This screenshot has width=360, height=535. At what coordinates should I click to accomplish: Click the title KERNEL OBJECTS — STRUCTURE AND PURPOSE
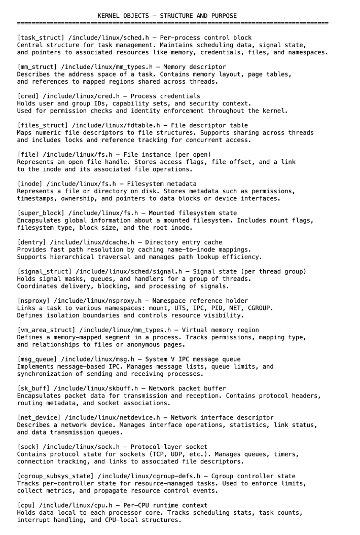point(167,16)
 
